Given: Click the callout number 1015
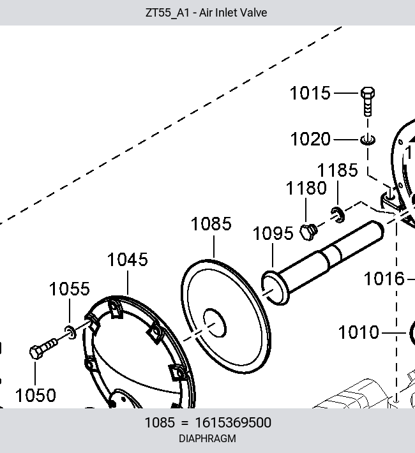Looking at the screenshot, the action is pyautogui.click(x=310, y=93).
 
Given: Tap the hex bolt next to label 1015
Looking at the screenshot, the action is pyautogui.click(x=368, y=101).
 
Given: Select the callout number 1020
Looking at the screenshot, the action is pyautogui.click(x=310, y=139).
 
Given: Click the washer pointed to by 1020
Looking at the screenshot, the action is pyautogui.click(x=368, y=140).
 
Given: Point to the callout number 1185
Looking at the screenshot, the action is pyautogui.click(x=338, y=170).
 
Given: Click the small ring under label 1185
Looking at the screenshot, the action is pyautogui.click(x=338, y=215).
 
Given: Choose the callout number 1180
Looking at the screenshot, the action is pyautogui.click(x=306, y=188).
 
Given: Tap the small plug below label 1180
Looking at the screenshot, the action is pyautogui.click(x=308, y=232).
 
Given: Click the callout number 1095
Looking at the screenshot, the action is pyautogui.click(x=273, y=234).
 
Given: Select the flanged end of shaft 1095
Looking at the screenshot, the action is pyautogui.click(x=275, y=288).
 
